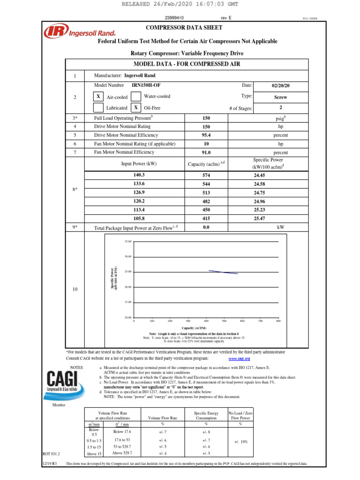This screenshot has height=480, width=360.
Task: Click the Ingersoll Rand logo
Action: coord(67,32)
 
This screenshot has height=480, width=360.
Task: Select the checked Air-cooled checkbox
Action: coord(98,97)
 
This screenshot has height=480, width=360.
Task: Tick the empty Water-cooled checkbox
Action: coord(135,97)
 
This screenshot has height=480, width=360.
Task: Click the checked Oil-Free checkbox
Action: coord(135,108)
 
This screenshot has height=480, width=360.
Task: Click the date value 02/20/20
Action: coord(280,86)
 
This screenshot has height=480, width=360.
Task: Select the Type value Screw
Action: coord(280,97)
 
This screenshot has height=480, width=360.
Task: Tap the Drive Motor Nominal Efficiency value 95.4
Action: coord(206,135)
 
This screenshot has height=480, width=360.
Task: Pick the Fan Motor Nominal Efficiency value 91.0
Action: coord(206,152)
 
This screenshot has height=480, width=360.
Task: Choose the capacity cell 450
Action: coord(206,210)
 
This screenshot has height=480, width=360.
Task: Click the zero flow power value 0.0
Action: coord(206,227)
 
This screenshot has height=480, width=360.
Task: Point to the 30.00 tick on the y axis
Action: coord(128,256)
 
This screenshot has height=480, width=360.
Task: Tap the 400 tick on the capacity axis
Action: coord(206,321)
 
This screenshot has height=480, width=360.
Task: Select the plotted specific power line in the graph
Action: coord(223,272)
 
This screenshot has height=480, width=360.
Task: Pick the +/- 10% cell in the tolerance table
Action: coord(240,442)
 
